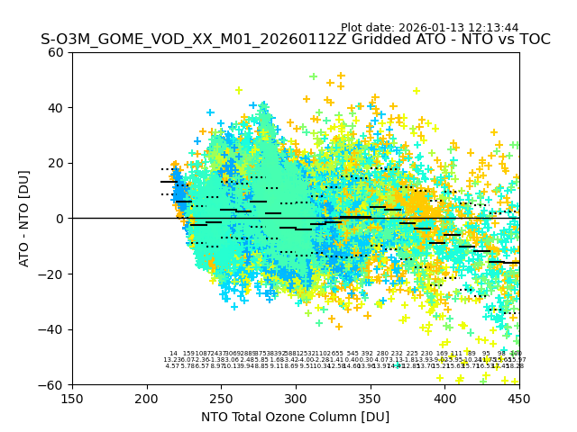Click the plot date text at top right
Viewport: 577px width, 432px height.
point(429,28)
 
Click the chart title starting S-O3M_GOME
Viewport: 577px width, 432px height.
point(296,40)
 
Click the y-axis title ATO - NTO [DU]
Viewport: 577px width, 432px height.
point(25,219)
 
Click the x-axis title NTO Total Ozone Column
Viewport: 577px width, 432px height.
point(296,417)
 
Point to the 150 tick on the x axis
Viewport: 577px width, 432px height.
point(72,398)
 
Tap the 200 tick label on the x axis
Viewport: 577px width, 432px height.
point(147,398)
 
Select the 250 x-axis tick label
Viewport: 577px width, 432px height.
point(221,398)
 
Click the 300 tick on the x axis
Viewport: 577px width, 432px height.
point(296,398)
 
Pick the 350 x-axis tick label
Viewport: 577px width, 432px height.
point(371,398)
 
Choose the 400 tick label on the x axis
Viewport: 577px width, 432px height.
point(444,398)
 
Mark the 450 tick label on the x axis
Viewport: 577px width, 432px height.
point(519,398)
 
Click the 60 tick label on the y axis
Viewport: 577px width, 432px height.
point(57,52)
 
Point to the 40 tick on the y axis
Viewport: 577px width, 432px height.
point(57,108)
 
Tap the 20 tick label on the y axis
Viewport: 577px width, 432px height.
point(57,163)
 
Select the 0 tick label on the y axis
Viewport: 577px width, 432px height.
point(60,219)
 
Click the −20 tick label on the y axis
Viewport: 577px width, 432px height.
point(53,274)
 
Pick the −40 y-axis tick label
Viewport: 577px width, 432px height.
point(53,329)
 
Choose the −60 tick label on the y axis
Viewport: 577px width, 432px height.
point(53,384)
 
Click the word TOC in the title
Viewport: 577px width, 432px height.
point(532,40)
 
